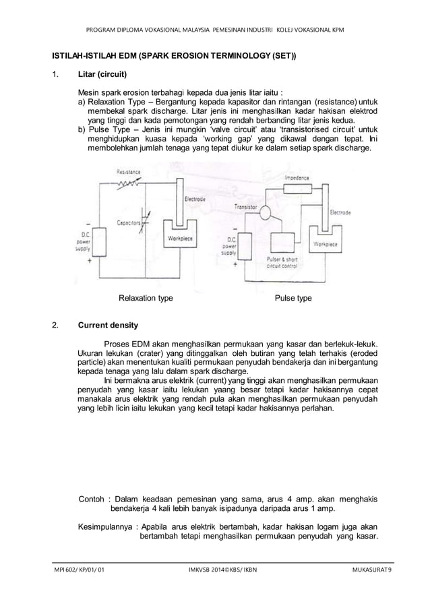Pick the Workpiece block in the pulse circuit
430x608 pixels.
[x=326, y=243]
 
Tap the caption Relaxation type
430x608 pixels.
[x=146, y=297]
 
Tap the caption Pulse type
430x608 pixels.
[x=293, y=297]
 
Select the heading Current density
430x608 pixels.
[x=108, y=325]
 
